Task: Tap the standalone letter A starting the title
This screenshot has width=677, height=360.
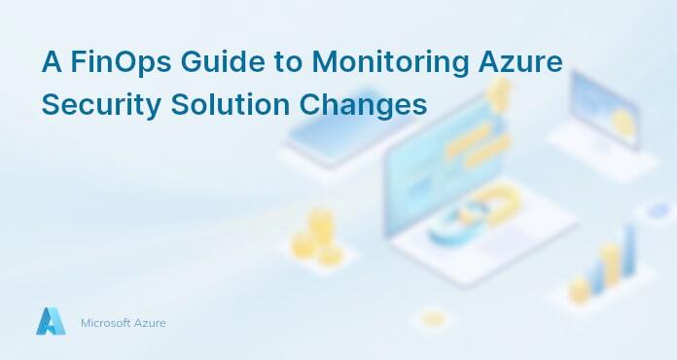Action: tap(51, 62)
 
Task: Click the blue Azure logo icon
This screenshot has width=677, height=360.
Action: tap(50, 322)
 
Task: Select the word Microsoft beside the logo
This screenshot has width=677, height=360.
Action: tap(105, 323)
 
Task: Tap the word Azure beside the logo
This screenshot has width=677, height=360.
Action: tap(150, 323)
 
